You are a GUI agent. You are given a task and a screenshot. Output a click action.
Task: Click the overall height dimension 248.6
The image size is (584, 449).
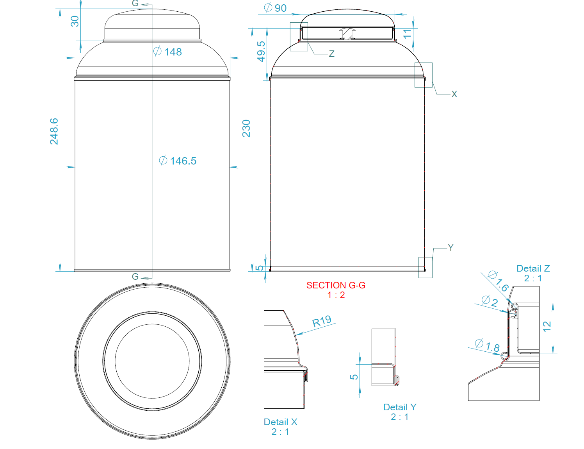pyautogui.click(x=54, y=131)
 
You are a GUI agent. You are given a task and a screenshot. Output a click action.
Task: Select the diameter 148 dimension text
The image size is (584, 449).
pyautogui.click(x=168, y=52)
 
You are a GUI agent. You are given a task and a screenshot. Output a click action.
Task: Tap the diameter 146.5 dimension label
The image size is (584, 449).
pyautogui.click(x=178, y=161)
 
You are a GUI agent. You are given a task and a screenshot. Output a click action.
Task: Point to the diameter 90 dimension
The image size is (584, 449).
pyautogui.click(x=275, y=8)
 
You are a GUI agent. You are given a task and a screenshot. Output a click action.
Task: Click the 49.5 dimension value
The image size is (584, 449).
pyautogui.click(x=261, y=51)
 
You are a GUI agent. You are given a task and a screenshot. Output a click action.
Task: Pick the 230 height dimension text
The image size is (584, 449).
pyautogui.click(x=246, y=128)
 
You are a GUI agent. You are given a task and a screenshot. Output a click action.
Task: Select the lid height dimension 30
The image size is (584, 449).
pyautogui.click(x=75, y=21)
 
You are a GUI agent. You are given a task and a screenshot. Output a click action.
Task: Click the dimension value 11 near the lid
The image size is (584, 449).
pyautogui.click(x=407, y=34)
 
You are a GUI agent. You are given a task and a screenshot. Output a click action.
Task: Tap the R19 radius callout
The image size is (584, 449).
pyautogui.click(x=322, y=321)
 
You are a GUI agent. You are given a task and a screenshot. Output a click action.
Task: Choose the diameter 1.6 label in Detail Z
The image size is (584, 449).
pyautogui.click(x=499, y=281)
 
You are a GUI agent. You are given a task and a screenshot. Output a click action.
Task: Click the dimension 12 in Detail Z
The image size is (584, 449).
pyautogui.click(x=547, y=326)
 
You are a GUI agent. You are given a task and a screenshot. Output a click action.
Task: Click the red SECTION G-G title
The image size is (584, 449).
pyautogui.click(x=336, y=285)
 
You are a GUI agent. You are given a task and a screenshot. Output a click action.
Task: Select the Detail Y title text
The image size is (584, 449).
pyautogui.click(x=400, y=407)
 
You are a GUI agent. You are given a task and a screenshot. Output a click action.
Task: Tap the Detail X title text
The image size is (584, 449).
pyautogui.click(x=280, y=422)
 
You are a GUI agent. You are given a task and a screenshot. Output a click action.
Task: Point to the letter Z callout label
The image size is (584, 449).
pyautogui.click(x=331, y=54)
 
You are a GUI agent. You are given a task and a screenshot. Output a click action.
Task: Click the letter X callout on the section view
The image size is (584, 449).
pyautogui.click(x=454, y=94)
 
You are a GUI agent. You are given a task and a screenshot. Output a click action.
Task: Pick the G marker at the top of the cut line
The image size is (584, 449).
pyautogui.click(x=135, y=4)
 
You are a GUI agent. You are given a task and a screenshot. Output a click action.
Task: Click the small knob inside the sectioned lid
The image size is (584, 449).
pyautogui.click(x=347, y=33)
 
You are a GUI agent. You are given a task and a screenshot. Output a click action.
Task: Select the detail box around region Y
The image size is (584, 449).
pyautogui.click(x=425, y=267)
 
